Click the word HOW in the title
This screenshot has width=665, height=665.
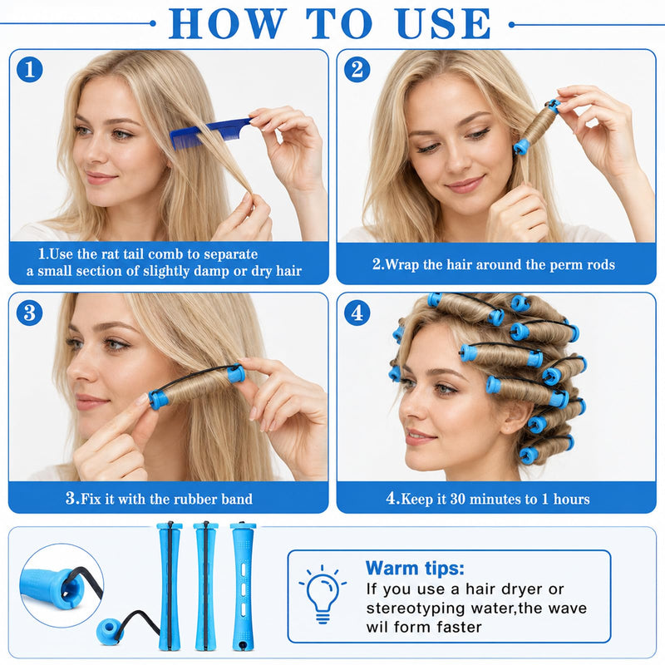click(x=227, y=24)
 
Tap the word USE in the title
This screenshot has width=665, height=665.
click(x=443, y=24)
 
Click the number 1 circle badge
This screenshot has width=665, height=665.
click(x=30, y=70)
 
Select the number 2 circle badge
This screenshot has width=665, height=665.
click(x=357, y=70)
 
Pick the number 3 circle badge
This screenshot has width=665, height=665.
click(x=30, y=313)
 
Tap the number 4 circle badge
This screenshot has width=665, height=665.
click(x=357, y=313)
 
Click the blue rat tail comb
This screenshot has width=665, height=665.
click(x=210, y=132)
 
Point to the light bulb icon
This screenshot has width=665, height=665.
click(x=323, y=594)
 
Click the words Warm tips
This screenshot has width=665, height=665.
click(x=415, y=568)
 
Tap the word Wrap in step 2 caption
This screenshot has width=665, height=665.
click(x=401, y=264)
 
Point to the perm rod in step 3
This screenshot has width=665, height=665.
click(x=197, y=387)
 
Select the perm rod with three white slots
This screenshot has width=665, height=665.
click(x=243, y=587)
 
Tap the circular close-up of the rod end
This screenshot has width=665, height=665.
click(x=62, y=585)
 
